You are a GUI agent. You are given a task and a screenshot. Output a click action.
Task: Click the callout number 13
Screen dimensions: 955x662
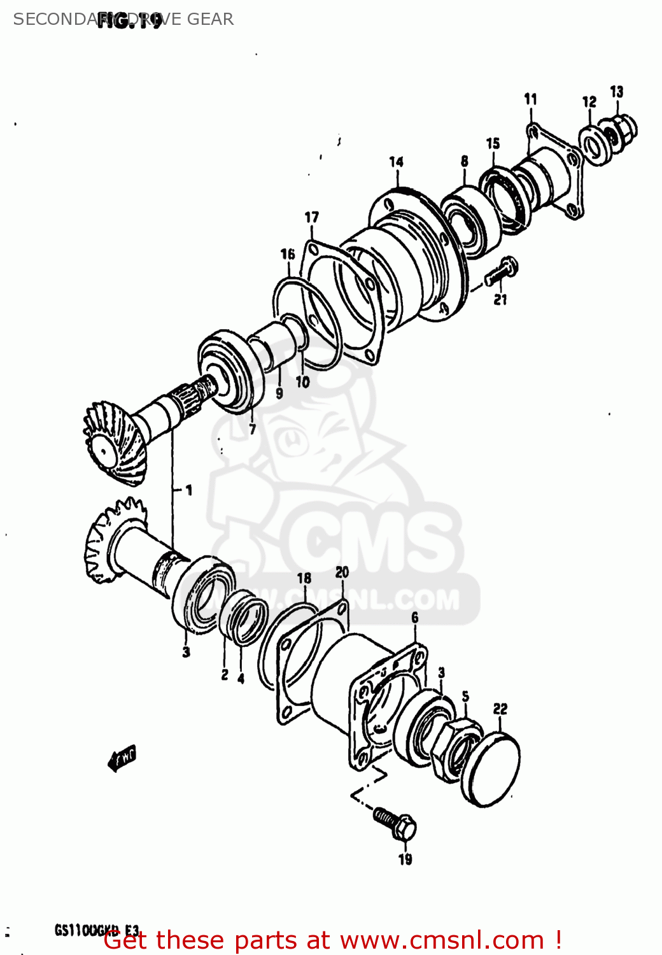tap(617, 92)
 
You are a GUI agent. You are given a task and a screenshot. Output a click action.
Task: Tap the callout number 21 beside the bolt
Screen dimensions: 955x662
tap(500, 299)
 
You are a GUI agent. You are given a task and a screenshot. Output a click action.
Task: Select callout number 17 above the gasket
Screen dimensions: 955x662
tap(311, 218)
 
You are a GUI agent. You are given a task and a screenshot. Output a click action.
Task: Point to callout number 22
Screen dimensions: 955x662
tap(500, 709)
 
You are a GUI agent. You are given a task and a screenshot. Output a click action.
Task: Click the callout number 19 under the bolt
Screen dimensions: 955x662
tap(405, 860)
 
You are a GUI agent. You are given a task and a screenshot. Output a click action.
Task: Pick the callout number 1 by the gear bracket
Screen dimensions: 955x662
tap(188, 490)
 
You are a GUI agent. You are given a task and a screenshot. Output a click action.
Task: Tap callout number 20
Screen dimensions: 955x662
tap(342, 572)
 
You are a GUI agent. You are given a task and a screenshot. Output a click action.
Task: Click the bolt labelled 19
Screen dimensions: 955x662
tap(395, 823)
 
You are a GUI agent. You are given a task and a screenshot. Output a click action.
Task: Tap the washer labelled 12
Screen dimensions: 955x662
tap(593, 146)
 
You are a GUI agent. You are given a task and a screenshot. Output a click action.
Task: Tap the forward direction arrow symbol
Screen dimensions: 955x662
tap(122, 757)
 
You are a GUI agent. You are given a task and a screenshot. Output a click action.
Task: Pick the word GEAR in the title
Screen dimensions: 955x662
tap(210, 19)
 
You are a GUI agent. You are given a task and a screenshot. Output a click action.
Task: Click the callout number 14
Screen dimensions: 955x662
tap(396, 162)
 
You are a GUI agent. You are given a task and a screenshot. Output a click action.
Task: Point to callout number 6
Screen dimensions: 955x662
tap(415, 618)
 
